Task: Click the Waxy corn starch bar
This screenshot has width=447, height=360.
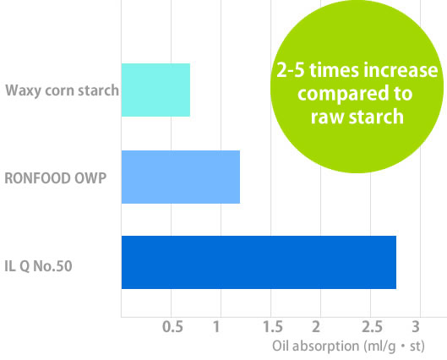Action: tap(155, 90)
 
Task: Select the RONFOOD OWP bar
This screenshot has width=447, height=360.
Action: tap(181, 177)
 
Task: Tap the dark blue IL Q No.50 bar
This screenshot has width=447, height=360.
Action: tap(259, 262)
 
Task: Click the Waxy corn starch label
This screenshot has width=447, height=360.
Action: tap(63, 91)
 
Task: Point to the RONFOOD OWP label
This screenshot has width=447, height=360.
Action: tap(56, 178)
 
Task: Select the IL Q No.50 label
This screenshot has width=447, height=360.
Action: tap(38, 266)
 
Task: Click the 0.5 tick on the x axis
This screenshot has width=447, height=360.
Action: tap(172, 327)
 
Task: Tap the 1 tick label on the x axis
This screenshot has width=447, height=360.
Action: tap(216, 327)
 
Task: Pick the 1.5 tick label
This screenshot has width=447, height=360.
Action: tap(273, 327)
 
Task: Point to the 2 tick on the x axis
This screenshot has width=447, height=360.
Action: tap(316, 327)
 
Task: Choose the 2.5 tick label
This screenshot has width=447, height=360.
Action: tap(372, 327)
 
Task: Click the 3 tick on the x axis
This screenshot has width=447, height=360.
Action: tap(416, 327)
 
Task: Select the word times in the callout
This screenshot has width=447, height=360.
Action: tap(334, 70)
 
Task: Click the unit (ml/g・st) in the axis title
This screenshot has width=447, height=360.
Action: tap(394, 346)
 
